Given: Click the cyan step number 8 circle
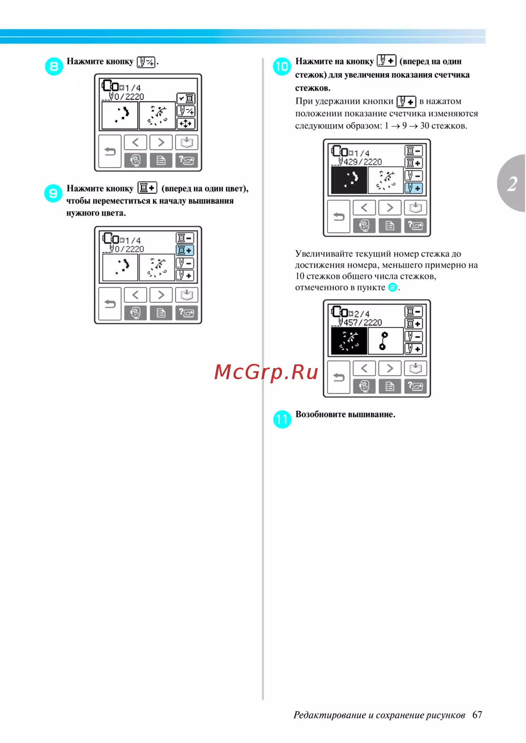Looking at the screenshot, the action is pos(54,66).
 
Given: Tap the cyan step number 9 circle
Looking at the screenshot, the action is pos(53,194).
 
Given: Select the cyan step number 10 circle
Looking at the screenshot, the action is pos(282,66).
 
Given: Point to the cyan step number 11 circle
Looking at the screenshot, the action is pos(282,419).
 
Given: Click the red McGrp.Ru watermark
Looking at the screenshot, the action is pos(266,372).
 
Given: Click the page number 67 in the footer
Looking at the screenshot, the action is pos(477,715).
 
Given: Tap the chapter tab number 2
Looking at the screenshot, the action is pos(513,184).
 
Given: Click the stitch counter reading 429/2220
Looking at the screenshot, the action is pos(363,162).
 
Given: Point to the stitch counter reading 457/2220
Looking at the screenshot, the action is pos(363,322).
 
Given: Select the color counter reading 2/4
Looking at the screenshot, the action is pos(362,314).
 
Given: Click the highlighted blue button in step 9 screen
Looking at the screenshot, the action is pos(185,250).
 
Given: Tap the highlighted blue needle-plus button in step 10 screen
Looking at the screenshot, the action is pos(413,188).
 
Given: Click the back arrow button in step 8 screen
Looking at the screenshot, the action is pos(110,151).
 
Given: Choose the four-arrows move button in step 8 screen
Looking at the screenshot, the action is pos(186,124).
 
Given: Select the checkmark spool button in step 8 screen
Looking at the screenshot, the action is pos(186,98).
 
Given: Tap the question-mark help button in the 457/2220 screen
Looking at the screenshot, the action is pos(416,386).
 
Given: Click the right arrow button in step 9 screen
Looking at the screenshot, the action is pos(161,295).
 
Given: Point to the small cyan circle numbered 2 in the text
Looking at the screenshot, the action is pos(392,287).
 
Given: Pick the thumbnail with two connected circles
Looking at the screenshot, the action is pos(386,341).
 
